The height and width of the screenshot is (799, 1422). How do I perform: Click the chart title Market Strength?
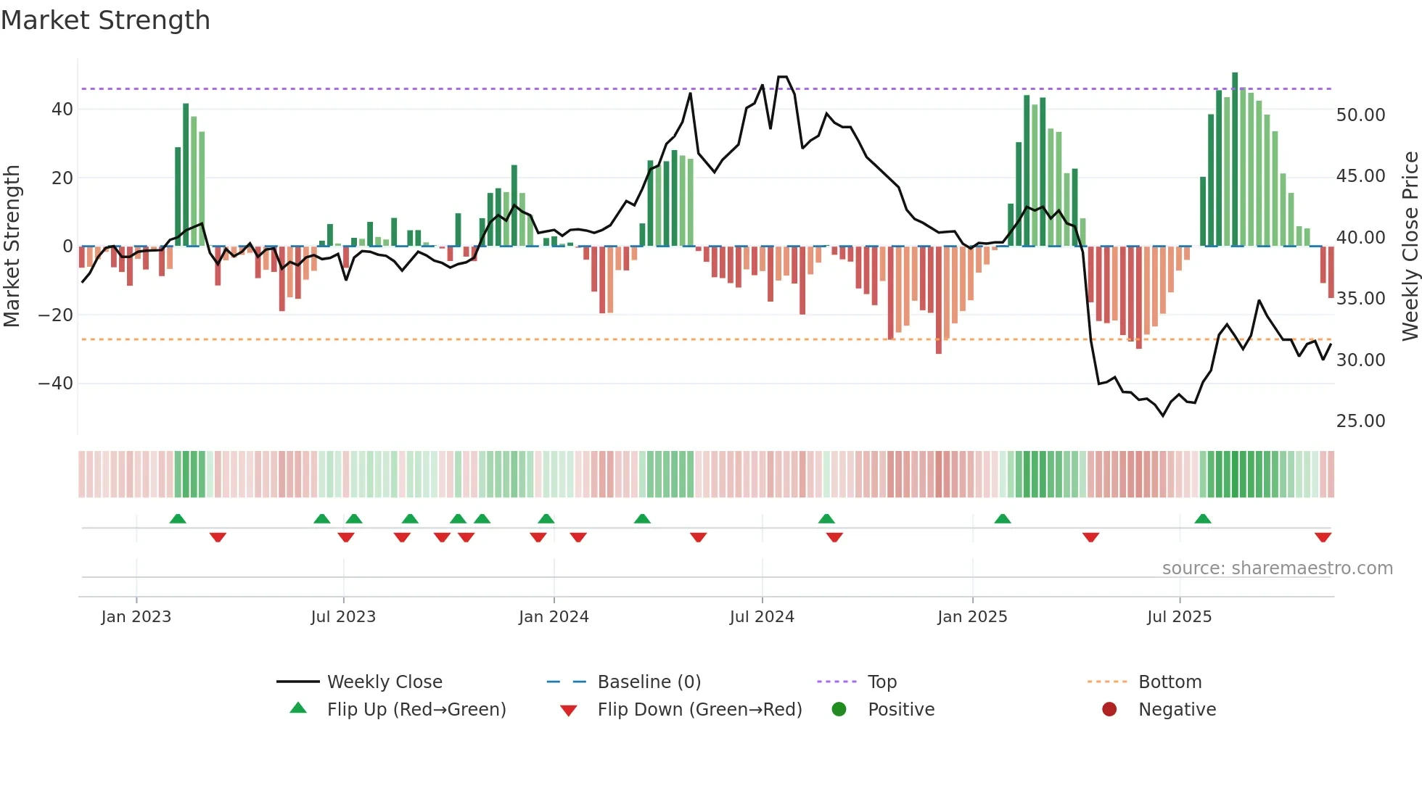105,20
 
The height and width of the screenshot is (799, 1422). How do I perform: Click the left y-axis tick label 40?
62,109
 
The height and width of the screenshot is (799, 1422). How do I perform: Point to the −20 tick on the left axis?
56,315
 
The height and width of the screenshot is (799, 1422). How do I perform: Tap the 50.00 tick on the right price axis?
1360,115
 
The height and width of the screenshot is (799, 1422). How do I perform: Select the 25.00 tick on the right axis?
1360,421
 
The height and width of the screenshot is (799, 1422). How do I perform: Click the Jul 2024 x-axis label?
762,617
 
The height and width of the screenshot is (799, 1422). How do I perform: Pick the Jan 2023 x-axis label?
136,617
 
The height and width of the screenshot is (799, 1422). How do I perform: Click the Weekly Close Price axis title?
1410,247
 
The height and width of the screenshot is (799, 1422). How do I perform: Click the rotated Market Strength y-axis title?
12,247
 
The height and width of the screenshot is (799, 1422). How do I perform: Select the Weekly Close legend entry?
385,682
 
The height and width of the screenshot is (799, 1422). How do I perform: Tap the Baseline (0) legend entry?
649,682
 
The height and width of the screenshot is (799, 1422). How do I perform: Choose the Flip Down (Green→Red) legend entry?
699,710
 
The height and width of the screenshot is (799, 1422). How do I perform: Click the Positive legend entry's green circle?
839,710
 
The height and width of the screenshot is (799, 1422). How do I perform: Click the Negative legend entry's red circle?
1109,710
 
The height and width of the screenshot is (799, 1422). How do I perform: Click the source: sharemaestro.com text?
1277,568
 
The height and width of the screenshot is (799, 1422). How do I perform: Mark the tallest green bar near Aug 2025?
1235,160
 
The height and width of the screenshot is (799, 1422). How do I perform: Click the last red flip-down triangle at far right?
1323,537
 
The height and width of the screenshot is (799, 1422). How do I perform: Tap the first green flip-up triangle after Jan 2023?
178,518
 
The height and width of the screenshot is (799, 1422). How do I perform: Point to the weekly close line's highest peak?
782,77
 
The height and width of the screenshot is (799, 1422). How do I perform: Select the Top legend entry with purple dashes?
882,682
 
